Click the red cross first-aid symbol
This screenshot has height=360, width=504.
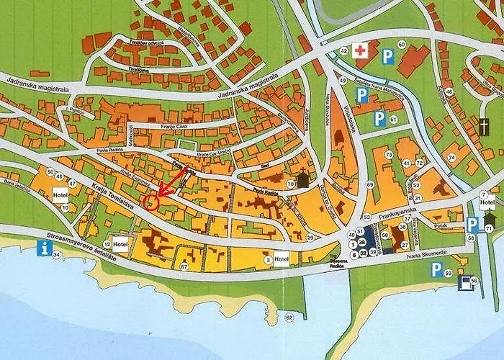(x=360, y=50)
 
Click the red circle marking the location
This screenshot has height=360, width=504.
(x=151, y=202)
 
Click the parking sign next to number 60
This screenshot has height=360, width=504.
(x=387, y=55)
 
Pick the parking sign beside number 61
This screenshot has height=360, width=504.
(x=379, y=119)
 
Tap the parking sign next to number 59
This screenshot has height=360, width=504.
(x=436, y=270)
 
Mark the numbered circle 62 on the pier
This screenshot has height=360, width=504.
(x=289, y=317)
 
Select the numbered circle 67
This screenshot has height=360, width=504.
(x=184, y=267)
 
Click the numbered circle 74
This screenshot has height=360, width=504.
(x=453, y=157)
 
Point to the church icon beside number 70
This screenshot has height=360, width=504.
(x=303, y=179)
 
